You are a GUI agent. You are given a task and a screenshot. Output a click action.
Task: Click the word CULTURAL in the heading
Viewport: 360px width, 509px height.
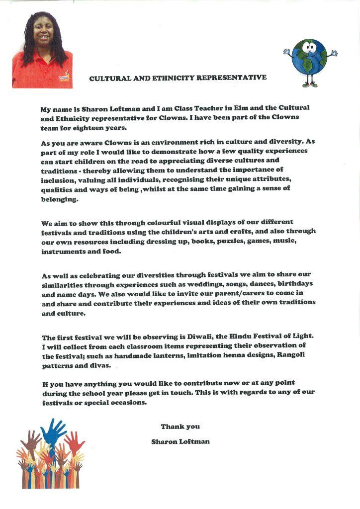[108, 78]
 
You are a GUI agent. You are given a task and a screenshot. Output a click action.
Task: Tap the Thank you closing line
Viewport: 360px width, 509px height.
[180, 426]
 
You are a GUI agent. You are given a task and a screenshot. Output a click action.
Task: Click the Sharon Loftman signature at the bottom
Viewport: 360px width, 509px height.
[180, 441]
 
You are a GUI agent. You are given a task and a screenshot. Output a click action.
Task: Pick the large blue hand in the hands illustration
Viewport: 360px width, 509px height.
[53, 431]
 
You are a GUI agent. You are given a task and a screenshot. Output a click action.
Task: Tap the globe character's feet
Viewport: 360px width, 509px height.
[309, 85]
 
